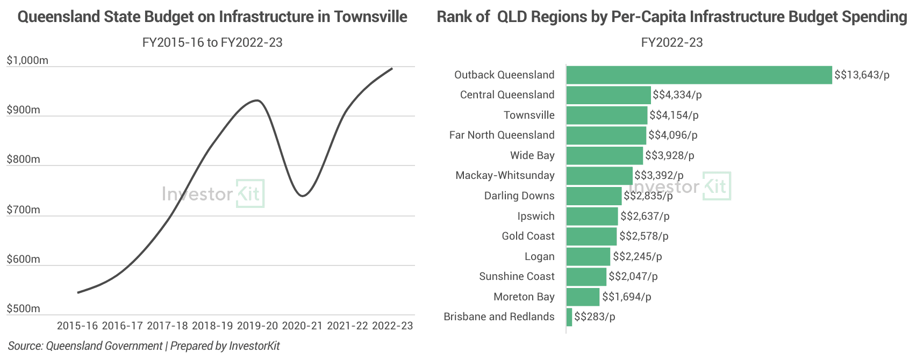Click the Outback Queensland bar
tap(699, 75)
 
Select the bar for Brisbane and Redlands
tap(569, 316)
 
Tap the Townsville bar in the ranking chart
tap(607, 115)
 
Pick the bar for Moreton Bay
tap(583, 297)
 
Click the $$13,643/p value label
tap(862, 75)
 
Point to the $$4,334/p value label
tap(677, 95)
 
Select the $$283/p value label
tap(595, 316)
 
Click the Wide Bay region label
tap(532, 155)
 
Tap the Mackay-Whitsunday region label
tap(505, 175)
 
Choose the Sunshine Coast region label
tap(517, 276)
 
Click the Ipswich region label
tap(536, 216)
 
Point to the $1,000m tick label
tap(27, 61)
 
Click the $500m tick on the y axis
tap(23, 308)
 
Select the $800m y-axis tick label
tap(23, 160)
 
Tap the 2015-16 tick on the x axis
tap(77, 326)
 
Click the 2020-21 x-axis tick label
tap(302, 326)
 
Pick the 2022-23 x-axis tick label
tap(392, 326)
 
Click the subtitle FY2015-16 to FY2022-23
tap(212, 42)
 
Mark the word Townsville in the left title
tap(370, 17)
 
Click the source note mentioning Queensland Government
tap(144, 346)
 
